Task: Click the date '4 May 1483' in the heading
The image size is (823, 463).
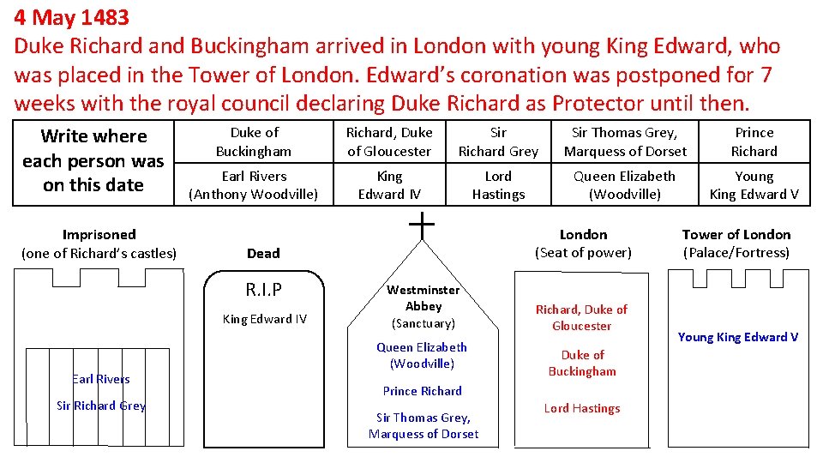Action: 71,16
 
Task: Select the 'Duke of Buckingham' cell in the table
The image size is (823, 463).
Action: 254,141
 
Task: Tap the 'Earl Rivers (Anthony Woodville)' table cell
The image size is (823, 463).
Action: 254,185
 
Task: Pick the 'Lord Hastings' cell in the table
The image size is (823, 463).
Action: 498,185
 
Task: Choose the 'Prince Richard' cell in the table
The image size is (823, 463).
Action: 754,141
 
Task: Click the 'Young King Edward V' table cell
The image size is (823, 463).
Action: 754,185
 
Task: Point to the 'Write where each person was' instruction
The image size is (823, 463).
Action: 93,160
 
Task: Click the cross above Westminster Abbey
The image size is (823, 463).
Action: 422,225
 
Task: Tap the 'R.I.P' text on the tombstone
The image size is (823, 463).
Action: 264,289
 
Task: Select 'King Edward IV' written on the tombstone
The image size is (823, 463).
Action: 264,319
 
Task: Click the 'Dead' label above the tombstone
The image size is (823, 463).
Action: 263,253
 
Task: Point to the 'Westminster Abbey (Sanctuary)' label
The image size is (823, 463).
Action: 424,306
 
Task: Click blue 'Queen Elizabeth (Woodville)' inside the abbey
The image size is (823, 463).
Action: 422,355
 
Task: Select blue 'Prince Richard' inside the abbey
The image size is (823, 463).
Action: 423,391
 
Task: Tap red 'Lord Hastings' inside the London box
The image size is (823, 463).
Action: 582,408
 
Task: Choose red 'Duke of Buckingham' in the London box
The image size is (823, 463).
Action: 582,363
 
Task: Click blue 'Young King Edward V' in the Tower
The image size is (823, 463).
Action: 737,337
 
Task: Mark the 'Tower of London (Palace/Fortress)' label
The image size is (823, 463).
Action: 736,244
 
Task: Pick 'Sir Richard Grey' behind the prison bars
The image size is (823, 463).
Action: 101,406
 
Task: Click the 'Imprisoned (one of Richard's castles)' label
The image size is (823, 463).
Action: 99,244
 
